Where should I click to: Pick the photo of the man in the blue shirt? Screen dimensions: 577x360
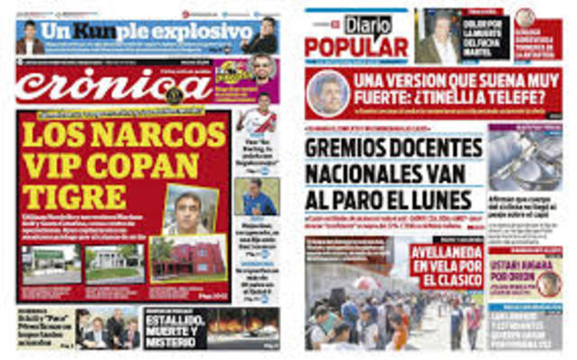point(257,198)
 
